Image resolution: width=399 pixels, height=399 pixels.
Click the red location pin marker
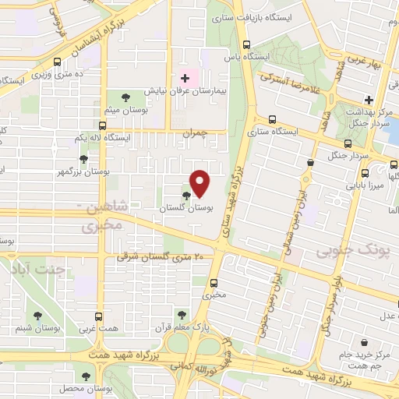point(200,182)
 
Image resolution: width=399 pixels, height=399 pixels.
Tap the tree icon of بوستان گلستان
point(185,196)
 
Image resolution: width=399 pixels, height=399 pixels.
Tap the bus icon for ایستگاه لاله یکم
point(102,125)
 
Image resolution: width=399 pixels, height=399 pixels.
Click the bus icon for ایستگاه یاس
point(247,44)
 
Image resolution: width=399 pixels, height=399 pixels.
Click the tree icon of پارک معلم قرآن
point(182,315)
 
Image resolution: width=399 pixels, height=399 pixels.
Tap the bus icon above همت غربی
point(98,316)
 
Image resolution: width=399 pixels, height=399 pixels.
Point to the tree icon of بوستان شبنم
point(36,315)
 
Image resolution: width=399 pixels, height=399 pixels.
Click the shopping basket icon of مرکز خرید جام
point(364,341)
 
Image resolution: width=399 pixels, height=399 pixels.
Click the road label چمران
point(196,133)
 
